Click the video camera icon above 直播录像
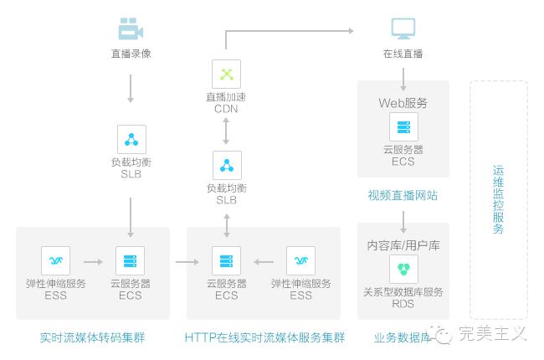[x=131, y=30]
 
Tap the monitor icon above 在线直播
[x=403, y=30]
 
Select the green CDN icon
[x=226, y=74]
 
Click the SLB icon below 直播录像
[x=131, y=139]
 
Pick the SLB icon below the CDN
[x=226, y=165]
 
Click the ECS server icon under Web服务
[x=403, y=127]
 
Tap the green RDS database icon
[x=403, y=270]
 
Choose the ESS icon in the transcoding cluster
[x=55, y=261]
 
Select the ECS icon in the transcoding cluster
[x=130, y=261]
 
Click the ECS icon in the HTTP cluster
[x=226, y=261]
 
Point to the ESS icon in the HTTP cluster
[x=300, y=261]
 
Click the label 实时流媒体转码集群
[x=92, y=338]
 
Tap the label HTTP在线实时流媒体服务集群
[x=264, y=338]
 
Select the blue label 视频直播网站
[x=403, y=196]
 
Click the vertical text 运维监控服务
[x=499, y=200]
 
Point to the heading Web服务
[x=403, y=103]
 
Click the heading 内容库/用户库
[x=403, y=246]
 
